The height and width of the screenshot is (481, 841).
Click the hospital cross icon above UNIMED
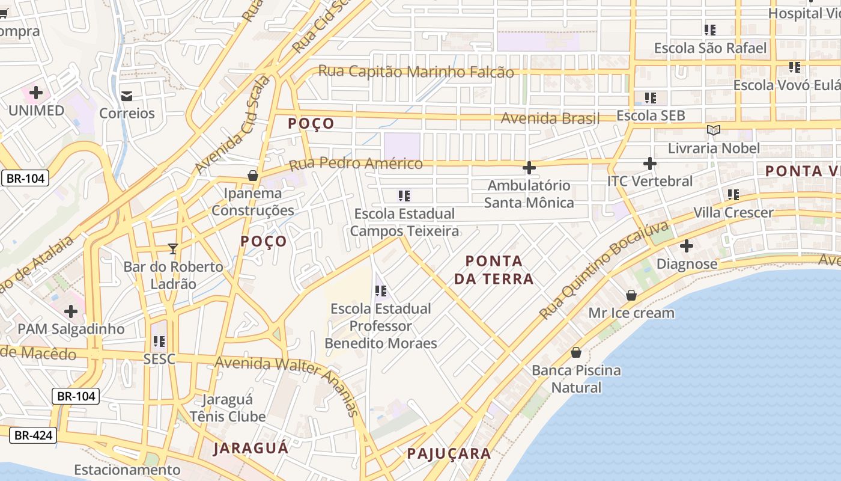click(x=36, y=93)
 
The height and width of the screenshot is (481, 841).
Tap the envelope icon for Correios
click(x=127, y=96)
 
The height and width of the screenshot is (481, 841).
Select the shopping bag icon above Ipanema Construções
click(x=253, y=176)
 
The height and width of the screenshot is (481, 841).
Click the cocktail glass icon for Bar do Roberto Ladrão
click(x=173, y=248)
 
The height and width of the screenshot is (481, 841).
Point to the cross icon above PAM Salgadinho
click(x=71, y=311)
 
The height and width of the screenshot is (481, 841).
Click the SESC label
click(x=159, y=359)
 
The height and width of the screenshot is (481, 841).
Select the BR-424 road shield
click(x=34, y=435)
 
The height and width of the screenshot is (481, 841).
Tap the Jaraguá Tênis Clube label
click(x=228, y=408)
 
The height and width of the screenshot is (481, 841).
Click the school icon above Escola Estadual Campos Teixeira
click(x=404, y=195)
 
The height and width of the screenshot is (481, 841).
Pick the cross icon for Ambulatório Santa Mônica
click(x=529, y=167)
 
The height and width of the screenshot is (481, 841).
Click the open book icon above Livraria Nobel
click(x=713, y=130)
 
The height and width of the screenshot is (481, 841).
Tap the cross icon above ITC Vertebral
click(x=649, y=163)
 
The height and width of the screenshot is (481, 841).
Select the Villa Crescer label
click(x=733, y=212)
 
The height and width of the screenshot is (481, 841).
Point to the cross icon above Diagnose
click(x=687, y=246)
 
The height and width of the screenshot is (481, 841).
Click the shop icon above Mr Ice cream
click(x=631, y=295)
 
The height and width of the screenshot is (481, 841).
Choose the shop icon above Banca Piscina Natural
click(x=576, y=352)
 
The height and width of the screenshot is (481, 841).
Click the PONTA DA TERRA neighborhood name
click(x=494, y=269)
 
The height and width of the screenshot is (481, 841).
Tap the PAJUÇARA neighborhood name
click(x=449, y=453)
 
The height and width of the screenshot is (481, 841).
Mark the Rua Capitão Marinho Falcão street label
click(x=416, y=72)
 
